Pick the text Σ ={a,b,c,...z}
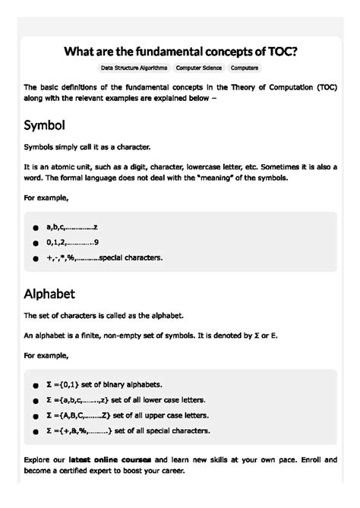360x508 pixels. (78, 400)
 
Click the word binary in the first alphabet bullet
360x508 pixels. (122, 385)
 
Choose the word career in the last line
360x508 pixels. (169, 472)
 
